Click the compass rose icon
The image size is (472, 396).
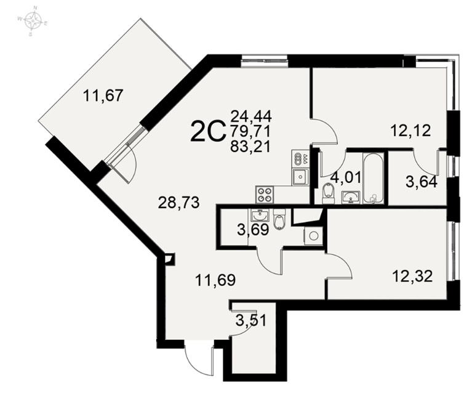coord(33,21)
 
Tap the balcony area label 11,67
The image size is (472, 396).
coord(103,96)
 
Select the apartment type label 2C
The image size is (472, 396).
coord(208,131)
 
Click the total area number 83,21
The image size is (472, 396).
coord(250,147)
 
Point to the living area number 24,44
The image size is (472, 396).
coord(251,115)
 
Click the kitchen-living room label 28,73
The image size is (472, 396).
coord(179,203)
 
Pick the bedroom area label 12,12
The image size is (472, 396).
coord(410,131)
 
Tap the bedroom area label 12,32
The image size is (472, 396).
coord(413,276)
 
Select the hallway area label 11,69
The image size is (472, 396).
coord(215,280)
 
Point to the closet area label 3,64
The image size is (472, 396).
coord(422,182)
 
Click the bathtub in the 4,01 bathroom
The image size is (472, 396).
coord(374,178)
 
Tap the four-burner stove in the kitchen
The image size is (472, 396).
coord(265,194)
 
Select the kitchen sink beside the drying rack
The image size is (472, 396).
coord(300,176)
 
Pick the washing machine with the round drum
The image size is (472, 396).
coord(313,236)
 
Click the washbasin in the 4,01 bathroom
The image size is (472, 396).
coord(351,197)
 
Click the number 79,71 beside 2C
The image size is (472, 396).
coord(250,131)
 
